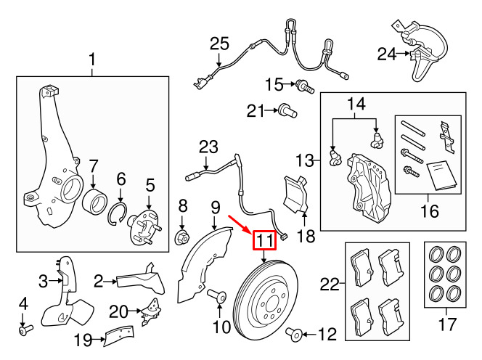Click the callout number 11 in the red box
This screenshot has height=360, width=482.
tap(263, 240)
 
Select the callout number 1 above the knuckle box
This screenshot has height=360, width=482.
tap(93, 57)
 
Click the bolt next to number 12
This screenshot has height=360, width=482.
tap(295, 335)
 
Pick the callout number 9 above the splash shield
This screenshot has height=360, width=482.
tap(214, 208)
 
